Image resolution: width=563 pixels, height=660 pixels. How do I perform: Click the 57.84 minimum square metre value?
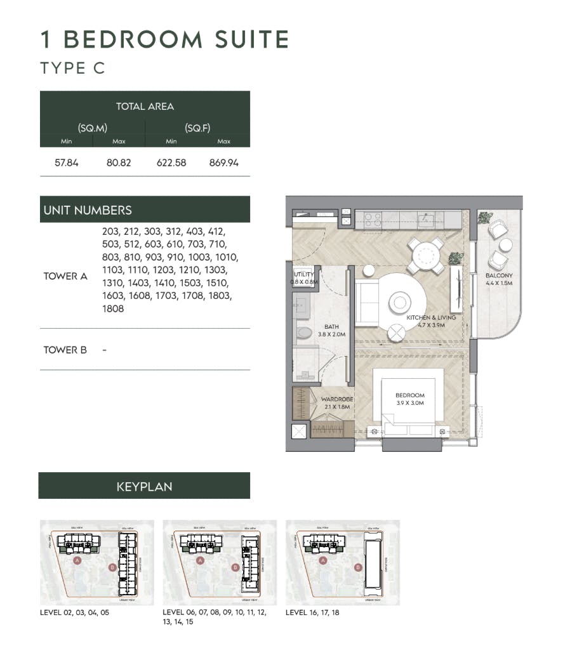[67, 162]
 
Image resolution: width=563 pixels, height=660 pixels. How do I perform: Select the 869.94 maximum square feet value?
[223, 162]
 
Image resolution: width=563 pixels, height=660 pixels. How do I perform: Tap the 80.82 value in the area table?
[119, 162]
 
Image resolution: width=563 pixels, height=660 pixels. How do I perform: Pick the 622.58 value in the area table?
[171, 162]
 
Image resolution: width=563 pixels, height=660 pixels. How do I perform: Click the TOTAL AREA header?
[145, 107]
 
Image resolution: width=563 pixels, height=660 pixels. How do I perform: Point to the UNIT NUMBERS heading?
[88, 210]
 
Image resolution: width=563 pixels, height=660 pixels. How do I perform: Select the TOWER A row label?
[65, 276]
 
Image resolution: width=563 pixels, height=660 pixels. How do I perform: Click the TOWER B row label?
[65, 350]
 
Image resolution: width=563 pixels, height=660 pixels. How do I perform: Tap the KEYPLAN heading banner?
[144, 487]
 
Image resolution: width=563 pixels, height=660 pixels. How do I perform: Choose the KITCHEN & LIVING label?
[426, 319]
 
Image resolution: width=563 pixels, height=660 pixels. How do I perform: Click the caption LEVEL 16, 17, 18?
[312, 612]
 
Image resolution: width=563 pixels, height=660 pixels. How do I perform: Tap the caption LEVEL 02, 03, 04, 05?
[75, 612]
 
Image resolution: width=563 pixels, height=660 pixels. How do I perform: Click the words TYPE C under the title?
[72, 68]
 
